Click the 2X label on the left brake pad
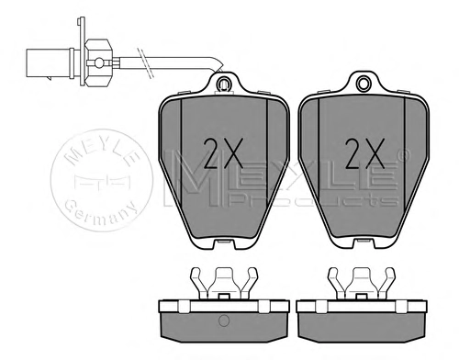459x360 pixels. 223,152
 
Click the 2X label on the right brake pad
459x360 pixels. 364,152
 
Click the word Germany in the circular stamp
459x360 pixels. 102,212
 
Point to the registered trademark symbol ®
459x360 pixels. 404,155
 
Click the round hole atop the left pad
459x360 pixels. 223,83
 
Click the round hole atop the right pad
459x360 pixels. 364,83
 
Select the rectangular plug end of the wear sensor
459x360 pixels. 49,63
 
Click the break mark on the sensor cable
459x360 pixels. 145,62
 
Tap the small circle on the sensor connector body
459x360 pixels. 99,62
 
